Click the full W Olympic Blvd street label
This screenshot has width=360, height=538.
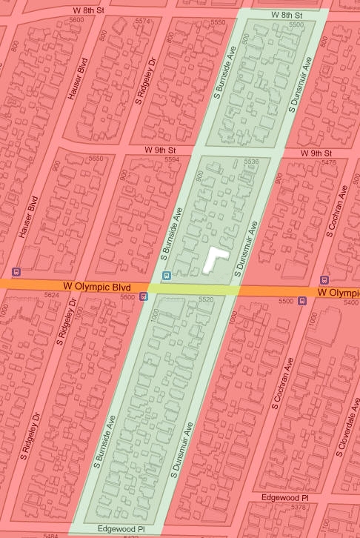click(x=96, y=286)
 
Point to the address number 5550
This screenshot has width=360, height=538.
click(x=217, y=23)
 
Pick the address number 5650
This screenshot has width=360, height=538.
click(x=96, y=159)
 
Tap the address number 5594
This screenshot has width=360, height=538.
click(x=172, y=159)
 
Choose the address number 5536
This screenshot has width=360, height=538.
click(x=251, y=161)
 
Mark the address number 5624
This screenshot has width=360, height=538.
click(x=51, y=295)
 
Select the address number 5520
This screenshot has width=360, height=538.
click(x=206, y=299)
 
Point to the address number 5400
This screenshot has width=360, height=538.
click(x=351, y=303)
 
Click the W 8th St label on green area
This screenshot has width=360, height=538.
click(x=287, y=15)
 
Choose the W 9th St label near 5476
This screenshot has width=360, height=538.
click(x=314, y=153)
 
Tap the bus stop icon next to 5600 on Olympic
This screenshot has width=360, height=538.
click(x=144, y=296)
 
